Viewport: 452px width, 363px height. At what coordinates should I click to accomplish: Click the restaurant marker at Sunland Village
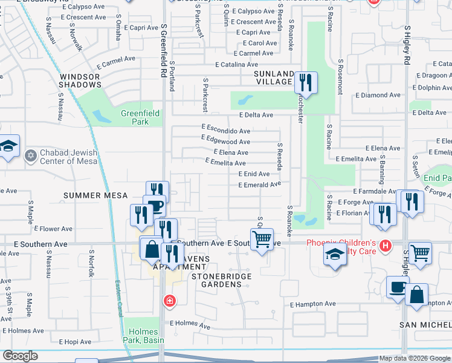(x=306, y=82)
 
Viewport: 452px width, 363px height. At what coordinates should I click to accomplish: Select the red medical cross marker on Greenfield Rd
(x=170, y=300)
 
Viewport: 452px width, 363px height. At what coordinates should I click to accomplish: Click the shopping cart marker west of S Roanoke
(x=262, y=239)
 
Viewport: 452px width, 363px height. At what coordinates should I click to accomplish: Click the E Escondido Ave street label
(x=226, y=131)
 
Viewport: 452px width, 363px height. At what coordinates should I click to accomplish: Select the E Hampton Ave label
(x=312, y=304)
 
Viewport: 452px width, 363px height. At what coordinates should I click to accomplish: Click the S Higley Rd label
(x=407, y=45)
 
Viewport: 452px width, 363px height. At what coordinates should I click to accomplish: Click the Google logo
(x=20, y=356)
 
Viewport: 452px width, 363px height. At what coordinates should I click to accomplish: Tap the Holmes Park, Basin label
(x=143, y=336)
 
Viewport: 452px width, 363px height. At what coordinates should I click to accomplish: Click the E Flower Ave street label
(x=53, y=229)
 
